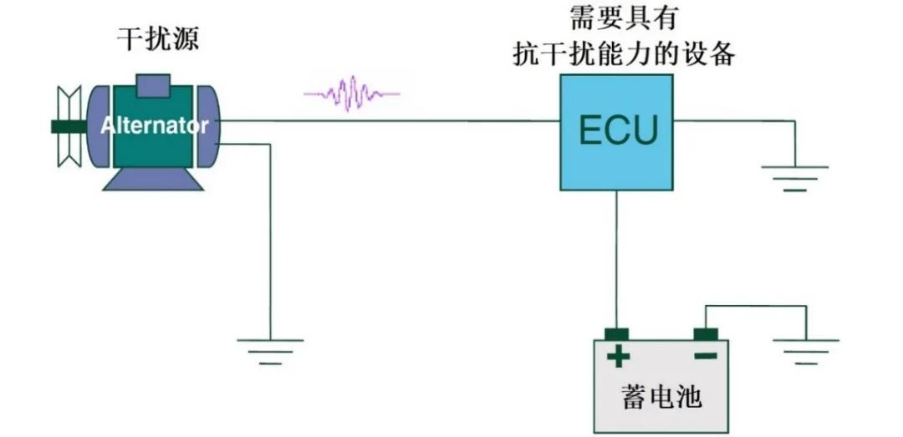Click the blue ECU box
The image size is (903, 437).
617,159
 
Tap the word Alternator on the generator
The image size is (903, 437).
155,126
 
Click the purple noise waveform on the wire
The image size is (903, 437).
351,93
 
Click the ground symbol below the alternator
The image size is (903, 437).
270,351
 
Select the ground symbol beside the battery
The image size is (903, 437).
806,351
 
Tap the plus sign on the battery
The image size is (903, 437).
618,358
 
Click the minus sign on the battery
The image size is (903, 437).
705,357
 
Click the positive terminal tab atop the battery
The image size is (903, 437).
617,335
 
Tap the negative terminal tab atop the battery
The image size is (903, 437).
706,335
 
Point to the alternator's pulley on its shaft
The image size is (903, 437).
67,126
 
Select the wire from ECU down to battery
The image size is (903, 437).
617,259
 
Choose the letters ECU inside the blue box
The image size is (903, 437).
619,130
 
